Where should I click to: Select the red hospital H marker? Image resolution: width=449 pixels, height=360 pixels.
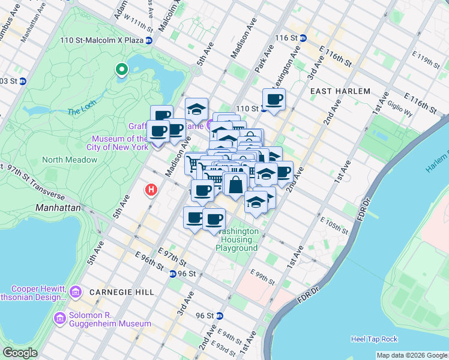coord(151,190)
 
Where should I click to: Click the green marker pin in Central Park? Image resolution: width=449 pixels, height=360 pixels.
coord(122,70)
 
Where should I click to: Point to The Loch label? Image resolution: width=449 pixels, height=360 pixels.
coord(82,112)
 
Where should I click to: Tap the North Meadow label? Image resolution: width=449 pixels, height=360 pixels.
coord(70,160)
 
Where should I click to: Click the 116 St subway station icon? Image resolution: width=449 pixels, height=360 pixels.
coord(304,37)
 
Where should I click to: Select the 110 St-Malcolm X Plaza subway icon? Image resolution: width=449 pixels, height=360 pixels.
coord(149,40)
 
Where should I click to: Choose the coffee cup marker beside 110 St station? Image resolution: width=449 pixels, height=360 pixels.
coord(274,99)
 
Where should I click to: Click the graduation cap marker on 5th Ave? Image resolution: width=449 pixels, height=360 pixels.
coord(196,109)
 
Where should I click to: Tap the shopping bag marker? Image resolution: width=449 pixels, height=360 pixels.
coord(237,185)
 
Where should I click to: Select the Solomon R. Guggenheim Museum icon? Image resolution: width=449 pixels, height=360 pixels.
coord(59,317)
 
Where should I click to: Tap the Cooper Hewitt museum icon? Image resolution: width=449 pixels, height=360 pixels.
coord(75,292)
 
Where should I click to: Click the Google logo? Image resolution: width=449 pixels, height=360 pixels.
coord(20,353)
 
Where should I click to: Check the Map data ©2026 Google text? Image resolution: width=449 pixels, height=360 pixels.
coord(412,355)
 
